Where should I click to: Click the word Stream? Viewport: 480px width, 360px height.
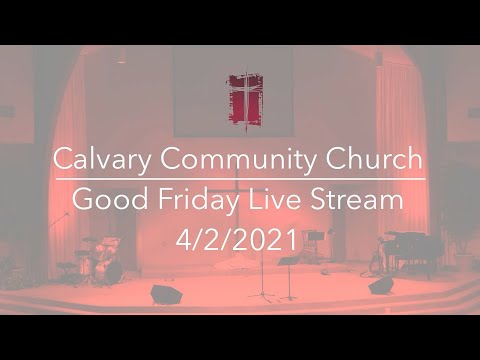(361, 200)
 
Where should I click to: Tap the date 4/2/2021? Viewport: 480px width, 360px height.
(240, 240)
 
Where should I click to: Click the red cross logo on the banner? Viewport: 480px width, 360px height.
(245, 98)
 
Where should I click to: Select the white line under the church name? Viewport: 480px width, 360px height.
(240, 180)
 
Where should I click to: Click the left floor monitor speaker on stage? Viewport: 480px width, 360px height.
(165, 293)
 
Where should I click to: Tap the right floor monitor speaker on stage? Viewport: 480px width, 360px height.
(381, 286)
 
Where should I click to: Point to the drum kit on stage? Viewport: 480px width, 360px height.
(100, 260)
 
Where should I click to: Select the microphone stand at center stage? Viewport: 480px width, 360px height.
(263, 275)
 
